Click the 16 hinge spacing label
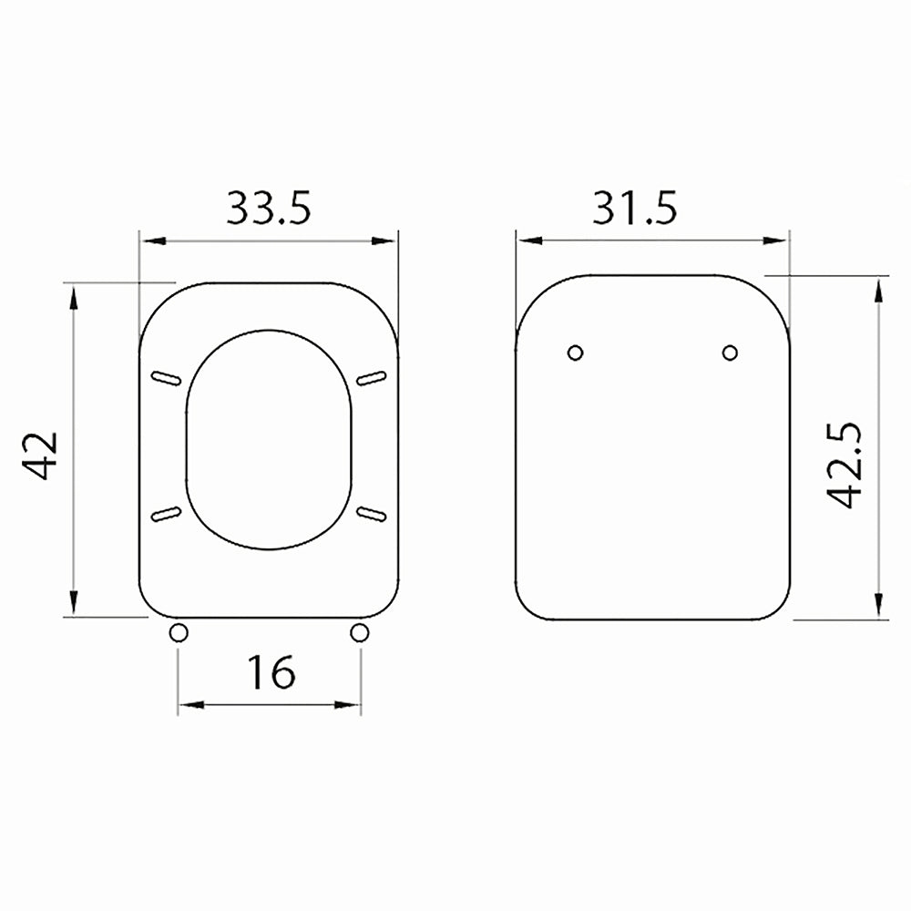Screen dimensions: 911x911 271,673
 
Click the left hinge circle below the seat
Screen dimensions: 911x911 179,631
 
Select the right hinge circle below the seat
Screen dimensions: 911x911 360,631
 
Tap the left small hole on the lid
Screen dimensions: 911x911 575,353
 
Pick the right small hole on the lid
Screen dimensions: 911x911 730,353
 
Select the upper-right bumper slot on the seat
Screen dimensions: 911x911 371,378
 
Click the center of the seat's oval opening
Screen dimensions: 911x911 269,439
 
